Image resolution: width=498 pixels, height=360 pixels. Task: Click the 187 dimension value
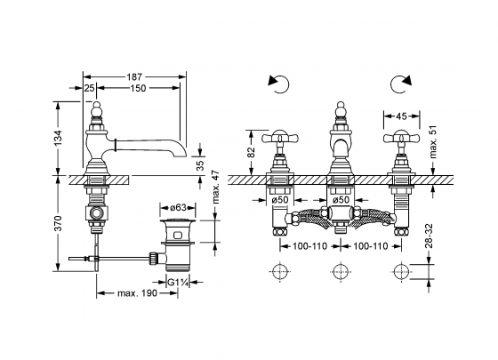[134, 76]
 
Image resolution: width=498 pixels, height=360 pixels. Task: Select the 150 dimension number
[138, 88]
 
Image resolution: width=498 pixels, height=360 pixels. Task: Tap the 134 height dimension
[58, 138]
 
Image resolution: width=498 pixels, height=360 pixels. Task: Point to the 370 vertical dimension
[58, 223]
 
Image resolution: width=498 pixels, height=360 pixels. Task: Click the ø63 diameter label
[178, 208]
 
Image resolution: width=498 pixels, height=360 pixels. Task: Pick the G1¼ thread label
[178, 282]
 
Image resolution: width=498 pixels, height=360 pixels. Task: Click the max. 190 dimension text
[137, 293]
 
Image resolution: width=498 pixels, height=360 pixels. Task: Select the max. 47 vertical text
[216, 187]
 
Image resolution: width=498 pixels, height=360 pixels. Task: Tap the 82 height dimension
[251, 152]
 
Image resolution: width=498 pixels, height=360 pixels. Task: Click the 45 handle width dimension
[401, 116]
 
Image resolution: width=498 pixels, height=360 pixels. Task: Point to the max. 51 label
[433, 141]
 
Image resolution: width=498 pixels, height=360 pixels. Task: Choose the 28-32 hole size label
[429, 236]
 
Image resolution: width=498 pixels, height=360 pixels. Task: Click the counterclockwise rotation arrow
[279, 84]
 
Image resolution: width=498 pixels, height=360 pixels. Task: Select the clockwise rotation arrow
[401, 84]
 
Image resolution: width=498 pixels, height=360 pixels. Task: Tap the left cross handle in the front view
[279, 138]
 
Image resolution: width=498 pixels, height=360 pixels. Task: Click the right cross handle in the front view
[401, 138]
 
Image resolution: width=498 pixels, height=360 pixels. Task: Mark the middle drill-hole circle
[341, 272]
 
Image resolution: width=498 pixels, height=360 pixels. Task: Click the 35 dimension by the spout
[200, 166]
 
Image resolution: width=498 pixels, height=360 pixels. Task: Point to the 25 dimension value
[90, 88]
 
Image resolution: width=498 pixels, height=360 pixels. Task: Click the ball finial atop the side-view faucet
[96, 109]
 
